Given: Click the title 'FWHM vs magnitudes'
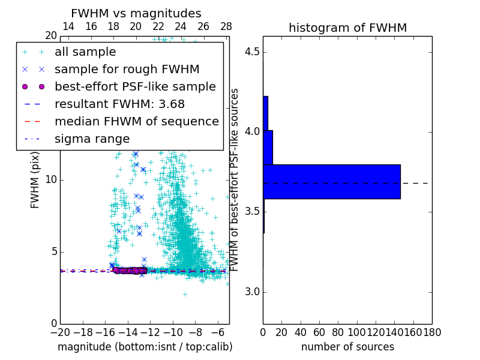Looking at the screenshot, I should (x=136, y=14).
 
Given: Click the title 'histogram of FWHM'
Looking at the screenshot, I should (x=347, y=28).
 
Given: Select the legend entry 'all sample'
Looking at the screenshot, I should (x=85, y=52).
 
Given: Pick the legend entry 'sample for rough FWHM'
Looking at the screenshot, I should (x=127, y=69).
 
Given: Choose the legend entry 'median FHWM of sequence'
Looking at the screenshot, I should (x=136, y=121).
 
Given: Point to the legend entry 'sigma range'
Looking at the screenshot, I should (x=92, y=139).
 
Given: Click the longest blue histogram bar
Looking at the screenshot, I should (x=331, y=181).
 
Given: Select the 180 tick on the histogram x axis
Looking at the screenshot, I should (x=432, y=332).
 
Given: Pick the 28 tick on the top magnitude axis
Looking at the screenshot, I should (x=226, y=26).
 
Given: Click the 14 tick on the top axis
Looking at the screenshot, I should (x=68, y=26).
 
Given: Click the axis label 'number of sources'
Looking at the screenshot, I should (x=347, y=347).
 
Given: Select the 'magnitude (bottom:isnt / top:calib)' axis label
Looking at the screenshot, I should (x=145, y=347).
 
